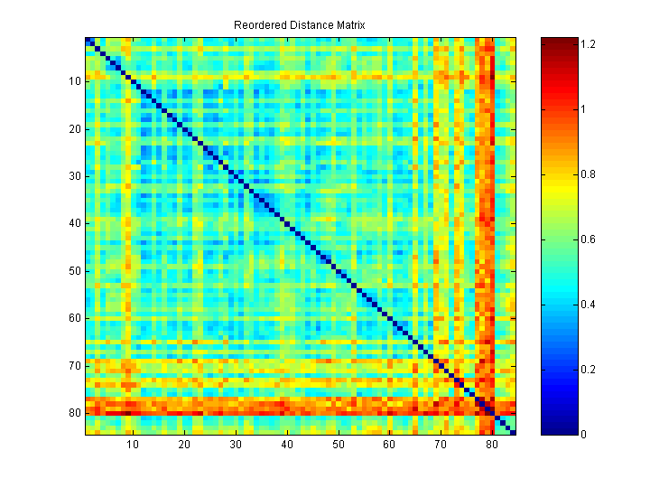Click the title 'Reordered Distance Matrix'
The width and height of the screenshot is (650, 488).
pos(299,25)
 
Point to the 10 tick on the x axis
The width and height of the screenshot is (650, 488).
pos(133,445)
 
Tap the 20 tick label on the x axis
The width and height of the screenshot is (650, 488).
pos(184,445)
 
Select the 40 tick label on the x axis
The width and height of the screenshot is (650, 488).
pos(287,445)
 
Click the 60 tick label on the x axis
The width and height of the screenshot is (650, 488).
pos(389,445)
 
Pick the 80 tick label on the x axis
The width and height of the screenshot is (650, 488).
pos(491,445)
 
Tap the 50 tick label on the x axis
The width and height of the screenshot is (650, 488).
pos(338,445)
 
